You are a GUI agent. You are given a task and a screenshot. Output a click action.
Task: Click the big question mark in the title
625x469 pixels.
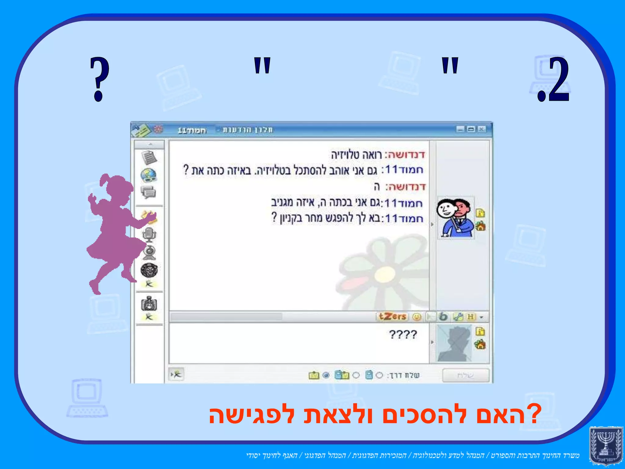click(x=99, y=79)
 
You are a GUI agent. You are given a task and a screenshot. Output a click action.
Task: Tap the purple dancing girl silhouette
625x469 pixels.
click(x=113, y=232)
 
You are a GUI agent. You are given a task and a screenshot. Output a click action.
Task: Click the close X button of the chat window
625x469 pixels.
click(x=481, y=129)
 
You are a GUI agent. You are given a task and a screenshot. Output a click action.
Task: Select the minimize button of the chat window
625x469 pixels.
click(x=460, y=129)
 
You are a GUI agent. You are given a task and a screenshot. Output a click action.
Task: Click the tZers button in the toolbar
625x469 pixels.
click(x=392, y=317)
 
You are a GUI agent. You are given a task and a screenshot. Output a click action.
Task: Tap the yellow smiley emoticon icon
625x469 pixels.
click(x=417, y=317)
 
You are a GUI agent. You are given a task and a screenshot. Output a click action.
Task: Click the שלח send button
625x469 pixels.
click(x=466, y=375)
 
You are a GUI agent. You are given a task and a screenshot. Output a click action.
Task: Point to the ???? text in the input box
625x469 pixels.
click(x=403, y=335)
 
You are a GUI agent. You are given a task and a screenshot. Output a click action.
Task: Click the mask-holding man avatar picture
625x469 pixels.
click(x=455, y=217)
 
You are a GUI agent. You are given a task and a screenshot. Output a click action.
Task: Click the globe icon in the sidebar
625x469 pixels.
click(x=149, y=175)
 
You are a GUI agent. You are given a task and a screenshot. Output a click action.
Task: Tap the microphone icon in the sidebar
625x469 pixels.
click(x=149, y=235)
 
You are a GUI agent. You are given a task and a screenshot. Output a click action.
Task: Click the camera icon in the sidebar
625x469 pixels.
click(x=149, y=304)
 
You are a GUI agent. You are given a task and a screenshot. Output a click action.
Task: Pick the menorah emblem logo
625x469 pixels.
click(x=605, y=446)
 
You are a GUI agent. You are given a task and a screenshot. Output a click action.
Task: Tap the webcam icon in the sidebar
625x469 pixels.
click(x=149, y=252)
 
